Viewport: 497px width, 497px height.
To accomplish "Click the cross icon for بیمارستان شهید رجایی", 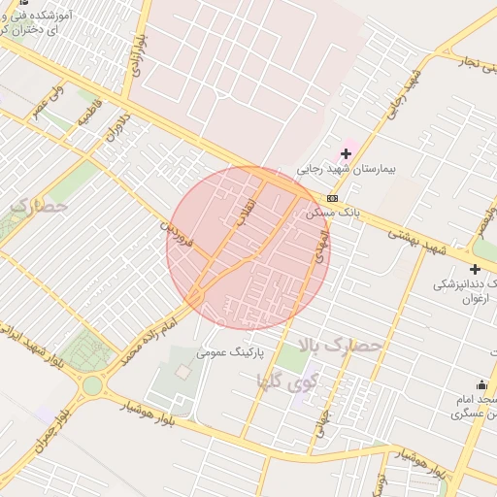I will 346,153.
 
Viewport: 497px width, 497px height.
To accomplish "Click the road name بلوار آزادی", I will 133,55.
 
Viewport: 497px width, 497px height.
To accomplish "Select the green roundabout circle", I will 92,385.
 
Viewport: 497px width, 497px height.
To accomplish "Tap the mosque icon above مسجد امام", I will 481,385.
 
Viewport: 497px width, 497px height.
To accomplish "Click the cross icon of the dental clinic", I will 475,269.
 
